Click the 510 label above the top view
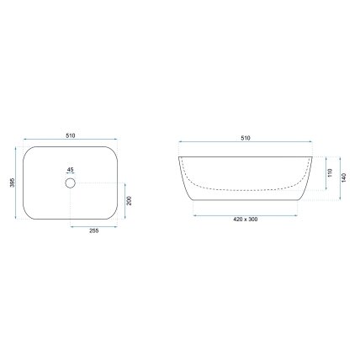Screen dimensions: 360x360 [x=71, y=135]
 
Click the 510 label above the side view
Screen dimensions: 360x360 [x=246, y=138]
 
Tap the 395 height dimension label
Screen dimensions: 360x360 [x=12, y=183]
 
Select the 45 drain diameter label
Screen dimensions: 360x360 [x=70, y=170]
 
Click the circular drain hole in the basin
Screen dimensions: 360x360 [x=70, y=183]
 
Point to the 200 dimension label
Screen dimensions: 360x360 [x=129, y=201]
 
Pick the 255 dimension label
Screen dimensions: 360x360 [x=93, y=231]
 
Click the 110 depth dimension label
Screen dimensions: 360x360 [x=330, y=172]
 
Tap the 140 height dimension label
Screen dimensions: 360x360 [x=344, y=177]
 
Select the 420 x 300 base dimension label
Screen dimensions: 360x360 [x=246, y=220]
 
